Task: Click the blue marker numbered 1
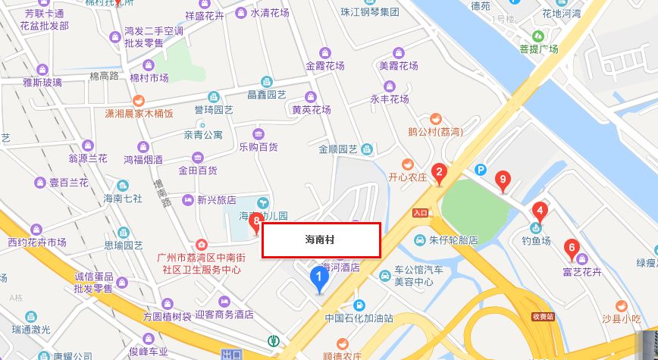coord(320,279)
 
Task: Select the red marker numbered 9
coord(500,180)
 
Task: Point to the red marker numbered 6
coord(572,246)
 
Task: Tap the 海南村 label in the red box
coord(320,239)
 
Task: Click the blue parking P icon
coord(479,169)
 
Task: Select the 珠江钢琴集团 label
coord(369,12)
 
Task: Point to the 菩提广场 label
coord(539,49)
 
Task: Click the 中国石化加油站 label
coord(359,318)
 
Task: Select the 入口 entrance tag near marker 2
coord(421,213)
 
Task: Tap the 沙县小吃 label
coord(621,319)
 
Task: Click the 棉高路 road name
coord(105,76)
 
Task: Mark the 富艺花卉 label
coord(582,271)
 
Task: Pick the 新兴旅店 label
coord(217,201)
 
